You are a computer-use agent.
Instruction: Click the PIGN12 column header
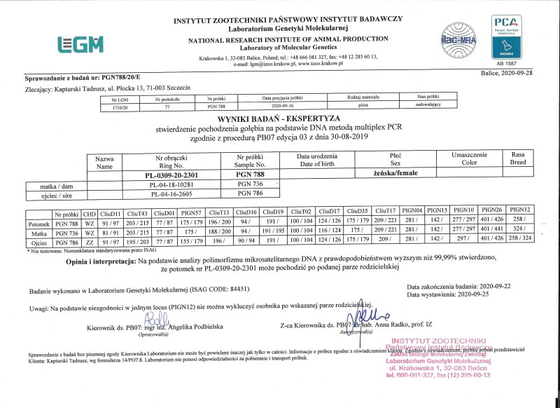coord(521,210)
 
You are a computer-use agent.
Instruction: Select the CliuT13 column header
coord(219,211)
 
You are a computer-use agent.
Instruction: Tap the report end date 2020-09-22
coord(500,286)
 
